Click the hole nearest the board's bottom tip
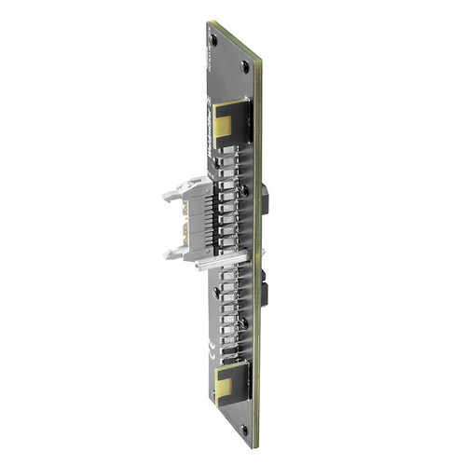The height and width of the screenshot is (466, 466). [244, 430]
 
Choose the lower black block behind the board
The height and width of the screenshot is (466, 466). [266, 291]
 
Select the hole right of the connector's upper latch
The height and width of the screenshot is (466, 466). [244, 190]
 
